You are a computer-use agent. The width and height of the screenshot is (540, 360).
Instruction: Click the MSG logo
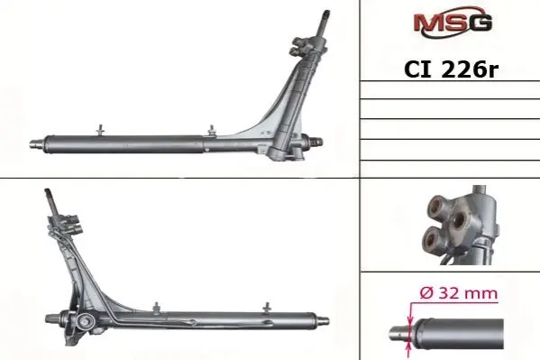coord(453,23)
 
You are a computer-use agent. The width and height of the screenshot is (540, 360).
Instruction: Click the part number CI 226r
coord(451,69)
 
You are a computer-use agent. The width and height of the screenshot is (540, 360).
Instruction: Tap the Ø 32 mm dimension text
coord(459,293)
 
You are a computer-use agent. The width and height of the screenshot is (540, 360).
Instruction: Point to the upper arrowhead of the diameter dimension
coord(410,320)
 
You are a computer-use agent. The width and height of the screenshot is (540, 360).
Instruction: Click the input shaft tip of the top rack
coord(325,14)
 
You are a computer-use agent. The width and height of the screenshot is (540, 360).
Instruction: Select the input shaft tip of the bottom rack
coord(48,191)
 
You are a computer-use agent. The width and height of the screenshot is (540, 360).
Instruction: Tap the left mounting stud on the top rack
coord(101,130)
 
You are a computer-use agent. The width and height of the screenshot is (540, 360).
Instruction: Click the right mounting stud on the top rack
coord(212,131)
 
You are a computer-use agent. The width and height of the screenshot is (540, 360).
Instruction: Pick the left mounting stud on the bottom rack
coord(157,309)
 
